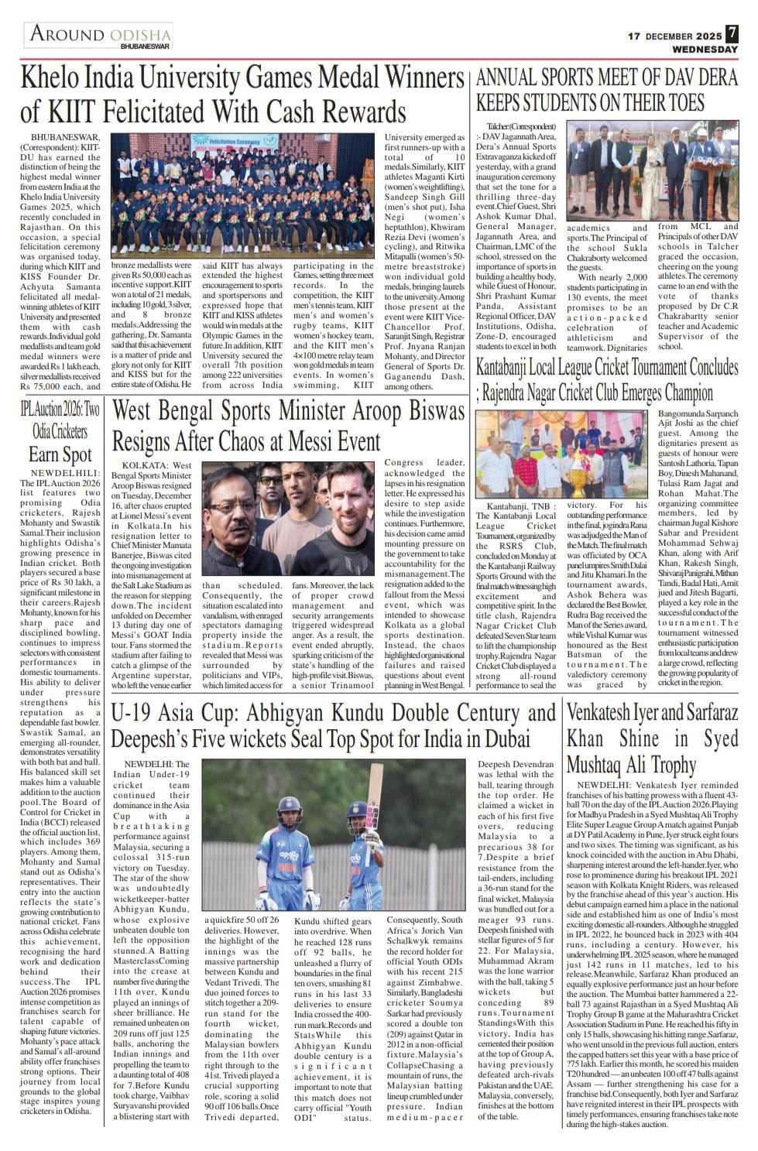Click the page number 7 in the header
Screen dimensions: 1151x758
click(732, 34)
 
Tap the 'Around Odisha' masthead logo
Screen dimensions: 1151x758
click(99, 36)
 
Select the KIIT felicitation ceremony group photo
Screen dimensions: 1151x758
click(247, 195)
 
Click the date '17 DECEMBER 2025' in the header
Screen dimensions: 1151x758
click(674, 36)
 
